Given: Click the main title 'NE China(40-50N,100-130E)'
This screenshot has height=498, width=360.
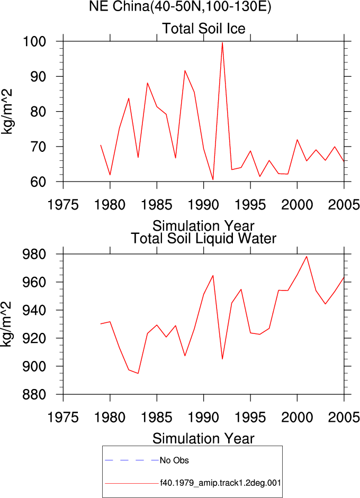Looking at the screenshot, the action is click(180, 7).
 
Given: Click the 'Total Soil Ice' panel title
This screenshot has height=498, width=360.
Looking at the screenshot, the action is click(204, 28).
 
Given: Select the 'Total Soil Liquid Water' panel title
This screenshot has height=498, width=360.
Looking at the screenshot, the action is click(204, 238).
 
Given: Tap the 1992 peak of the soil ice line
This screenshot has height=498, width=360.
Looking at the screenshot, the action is click(222, 42).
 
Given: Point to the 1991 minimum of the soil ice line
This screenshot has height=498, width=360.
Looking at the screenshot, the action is click(213, 179).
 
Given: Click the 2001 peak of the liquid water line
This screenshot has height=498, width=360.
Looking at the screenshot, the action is click(307, 257).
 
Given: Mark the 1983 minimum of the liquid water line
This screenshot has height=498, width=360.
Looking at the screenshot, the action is click(138, 373).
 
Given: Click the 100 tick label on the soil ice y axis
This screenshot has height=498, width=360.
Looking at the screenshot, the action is click(34, 41).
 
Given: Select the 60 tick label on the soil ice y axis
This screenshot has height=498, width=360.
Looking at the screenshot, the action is click(39, 182).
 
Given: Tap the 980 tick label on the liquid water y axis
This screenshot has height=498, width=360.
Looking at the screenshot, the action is click(34, 254).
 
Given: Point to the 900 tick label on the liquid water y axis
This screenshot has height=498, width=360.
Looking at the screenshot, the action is click(34, 366).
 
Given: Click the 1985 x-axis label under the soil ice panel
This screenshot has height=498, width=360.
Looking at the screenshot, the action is click(157, 205).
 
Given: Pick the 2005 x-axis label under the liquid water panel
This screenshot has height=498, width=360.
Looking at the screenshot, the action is click(344, 418).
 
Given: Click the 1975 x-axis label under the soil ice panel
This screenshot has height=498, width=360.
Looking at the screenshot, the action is click(63, 205).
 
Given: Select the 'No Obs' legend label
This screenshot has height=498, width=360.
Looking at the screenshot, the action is click(174, 460).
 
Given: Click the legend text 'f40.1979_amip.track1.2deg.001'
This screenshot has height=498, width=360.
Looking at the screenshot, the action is click(220, 483).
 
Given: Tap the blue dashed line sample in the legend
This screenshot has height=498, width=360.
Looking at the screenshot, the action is click(131, 460).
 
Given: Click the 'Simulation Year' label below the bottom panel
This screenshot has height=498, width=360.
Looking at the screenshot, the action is click(203, 439).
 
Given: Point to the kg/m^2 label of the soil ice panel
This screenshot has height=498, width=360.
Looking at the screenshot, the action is click(7, 112).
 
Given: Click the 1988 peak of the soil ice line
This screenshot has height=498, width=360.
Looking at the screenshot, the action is click(185, 70).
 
